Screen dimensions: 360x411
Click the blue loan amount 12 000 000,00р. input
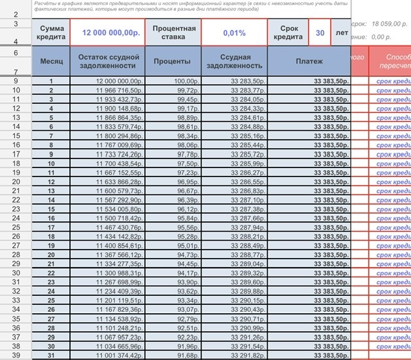[107, 32]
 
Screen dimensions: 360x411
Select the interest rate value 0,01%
[234, 32]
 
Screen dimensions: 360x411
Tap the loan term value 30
[319, 32]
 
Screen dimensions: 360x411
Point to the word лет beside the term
[340, 32]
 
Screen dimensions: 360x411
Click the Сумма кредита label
[51, 33]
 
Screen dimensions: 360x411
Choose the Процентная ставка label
[173, 32]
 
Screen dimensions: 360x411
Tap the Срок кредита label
[288, 33]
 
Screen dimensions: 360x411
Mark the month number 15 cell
[51, 209]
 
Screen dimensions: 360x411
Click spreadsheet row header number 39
[15, 356]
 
